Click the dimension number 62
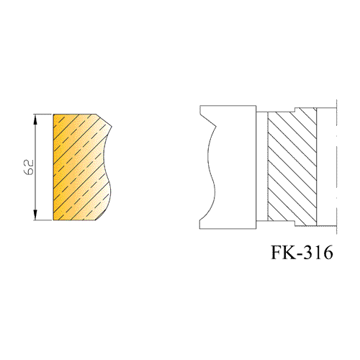pos(29,167)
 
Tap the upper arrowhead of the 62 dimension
pos(35,120)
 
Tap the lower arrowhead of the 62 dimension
pos(35,215)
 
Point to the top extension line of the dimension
pos(42,114)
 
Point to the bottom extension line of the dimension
pos(42,220)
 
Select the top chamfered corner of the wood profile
pos(104,120)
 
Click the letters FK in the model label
pos(283,252)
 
